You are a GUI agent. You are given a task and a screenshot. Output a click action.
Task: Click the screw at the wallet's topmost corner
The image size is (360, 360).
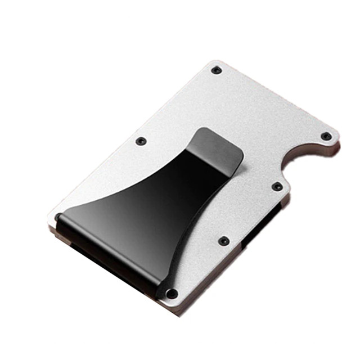click(216, 70)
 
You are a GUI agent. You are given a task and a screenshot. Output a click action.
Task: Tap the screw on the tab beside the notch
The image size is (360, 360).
click(325, 136)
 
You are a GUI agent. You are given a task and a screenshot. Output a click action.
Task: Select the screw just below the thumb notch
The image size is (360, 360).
click(276, 186)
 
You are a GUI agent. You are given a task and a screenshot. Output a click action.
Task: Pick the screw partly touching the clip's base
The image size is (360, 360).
click(173, 293)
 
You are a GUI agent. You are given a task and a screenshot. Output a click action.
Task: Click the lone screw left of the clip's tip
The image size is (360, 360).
click(141, 141)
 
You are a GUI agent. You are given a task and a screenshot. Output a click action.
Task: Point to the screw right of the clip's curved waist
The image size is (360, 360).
click(223, 240)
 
